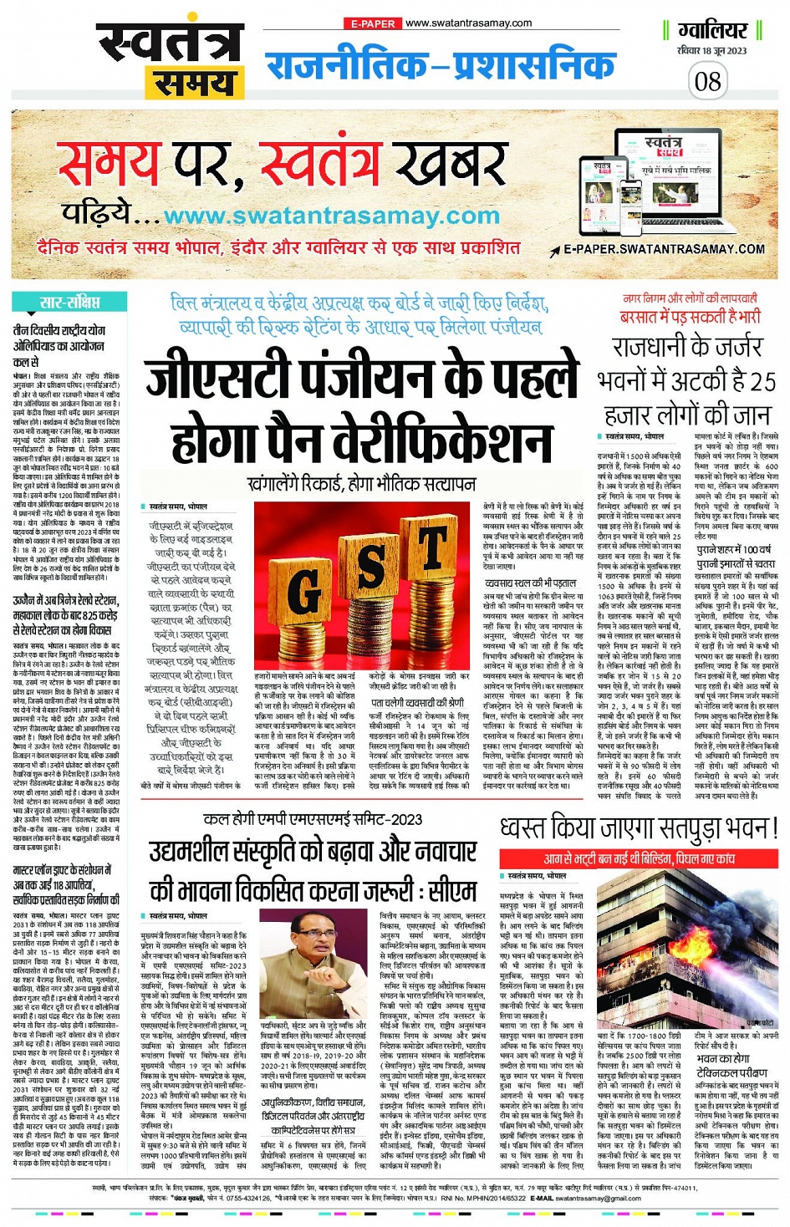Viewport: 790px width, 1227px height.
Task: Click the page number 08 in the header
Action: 707,81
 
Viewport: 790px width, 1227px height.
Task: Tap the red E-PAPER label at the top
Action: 373,23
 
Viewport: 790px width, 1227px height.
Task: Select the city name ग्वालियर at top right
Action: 712,31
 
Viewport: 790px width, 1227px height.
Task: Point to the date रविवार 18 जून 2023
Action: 711,51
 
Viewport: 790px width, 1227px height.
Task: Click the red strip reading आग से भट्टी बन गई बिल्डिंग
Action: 640,858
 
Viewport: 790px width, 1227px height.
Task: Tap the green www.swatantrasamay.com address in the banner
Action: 331,216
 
